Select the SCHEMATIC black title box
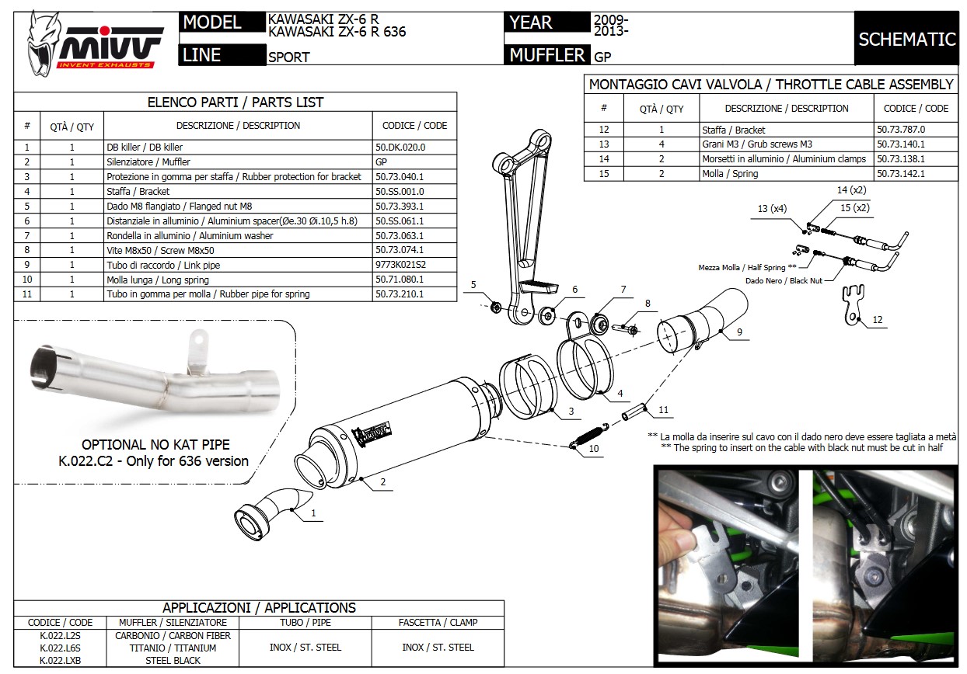click(x=906, y=39)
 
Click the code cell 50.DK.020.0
click(x=400, y=147)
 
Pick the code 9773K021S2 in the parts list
click(x=401, y=265)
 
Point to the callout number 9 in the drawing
click(x=739, y=332)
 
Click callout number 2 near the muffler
click(x=383, y=482)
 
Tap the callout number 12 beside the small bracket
click(x=878, y=320)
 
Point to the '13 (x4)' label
click(x=773, y=208)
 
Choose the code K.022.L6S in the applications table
click(x=60, y=648)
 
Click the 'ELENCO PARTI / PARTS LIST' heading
click(x=235, y=102)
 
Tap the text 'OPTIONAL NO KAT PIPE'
click(x=155, y=445)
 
